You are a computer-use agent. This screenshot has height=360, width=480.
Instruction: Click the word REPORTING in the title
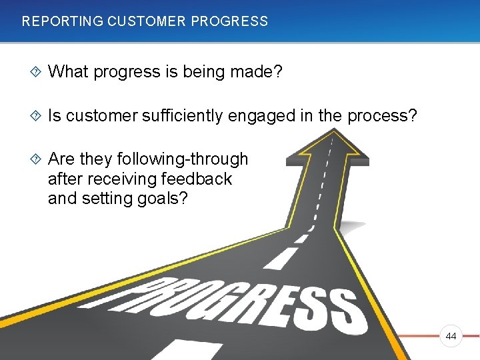coord(62,21)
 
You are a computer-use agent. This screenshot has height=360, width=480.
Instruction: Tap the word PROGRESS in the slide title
coord(229,21)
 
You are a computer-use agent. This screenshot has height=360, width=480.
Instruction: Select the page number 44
coord(451,337)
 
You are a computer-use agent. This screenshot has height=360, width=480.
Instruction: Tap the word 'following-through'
coord(182,159)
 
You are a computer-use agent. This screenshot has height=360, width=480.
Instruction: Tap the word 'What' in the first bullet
coord(69,71)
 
